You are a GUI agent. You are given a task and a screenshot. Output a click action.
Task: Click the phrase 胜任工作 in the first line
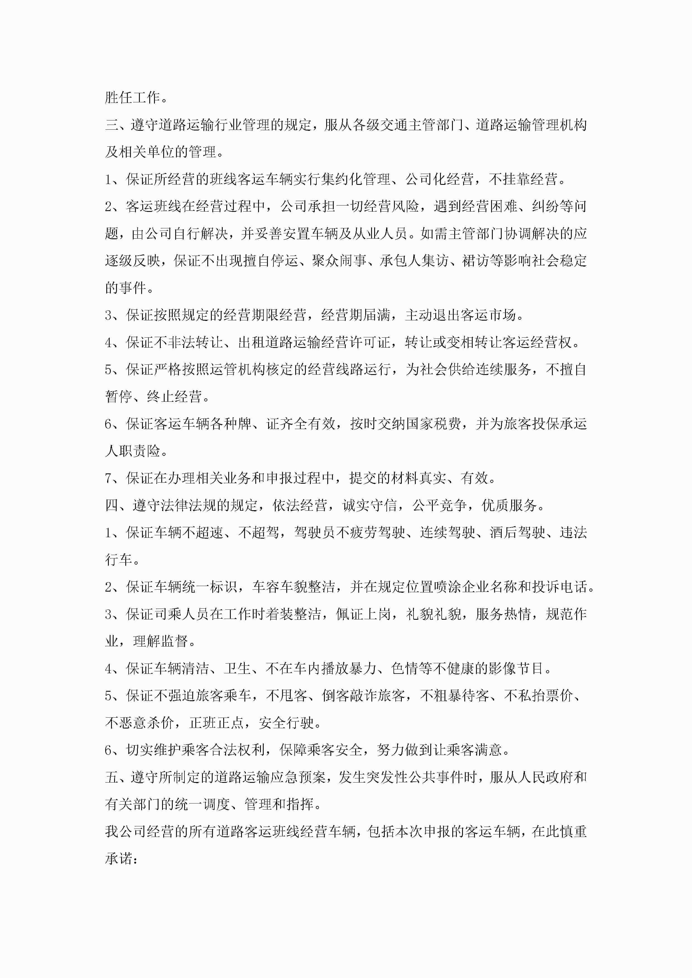point(132,98)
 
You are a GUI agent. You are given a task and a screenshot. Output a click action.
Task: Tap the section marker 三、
point(117,125)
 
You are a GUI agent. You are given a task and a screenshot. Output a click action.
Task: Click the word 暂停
point(119,396)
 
